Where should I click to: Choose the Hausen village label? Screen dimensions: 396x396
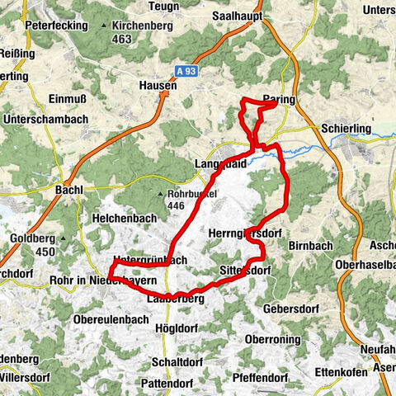(x=158, y=85)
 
